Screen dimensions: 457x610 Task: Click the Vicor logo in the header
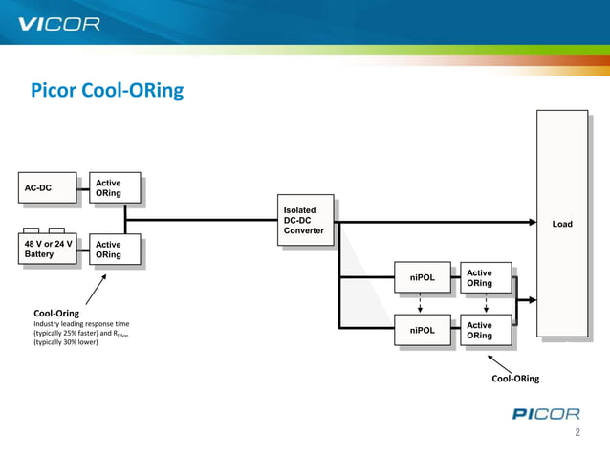coord(59,24)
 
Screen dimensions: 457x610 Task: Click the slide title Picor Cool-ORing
coord(107,92)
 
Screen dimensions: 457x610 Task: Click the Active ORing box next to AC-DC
coord(114,188)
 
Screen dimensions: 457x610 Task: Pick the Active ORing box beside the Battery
coord(114,250)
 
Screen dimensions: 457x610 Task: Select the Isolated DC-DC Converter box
coord(306,221)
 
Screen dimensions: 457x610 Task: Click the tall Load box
coord(561,224)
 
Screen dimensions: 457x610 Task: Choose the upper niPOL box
coord(422,277)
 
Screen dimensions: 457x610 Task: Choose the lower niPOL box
coord(422,330)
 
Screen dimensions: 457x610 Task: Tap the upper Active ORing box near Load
coord(485,278)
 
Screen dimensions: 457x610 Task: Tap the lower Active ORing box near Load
coord(485,330)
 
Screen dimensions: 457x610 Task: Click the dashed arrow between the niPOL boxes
coord(422,304)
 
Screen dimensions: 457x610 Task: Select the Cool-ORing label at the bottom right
coord(514,379)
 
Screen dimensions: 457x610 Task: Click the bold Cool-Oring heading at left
coord(56,313)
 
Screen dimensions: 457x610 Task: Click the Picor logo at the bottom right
coord(545,414)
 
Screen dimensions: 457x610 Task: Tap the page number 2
coord(577,433)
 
